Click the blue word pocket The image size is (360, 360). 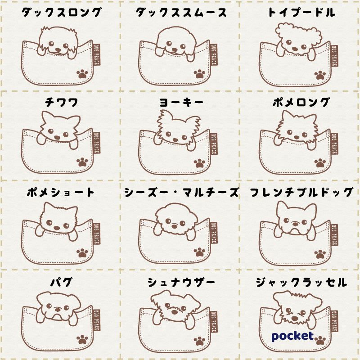click(292, 337)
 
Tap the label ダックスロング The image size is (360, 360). click(61, 13)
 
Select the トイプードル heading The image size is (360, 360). click(301, 13)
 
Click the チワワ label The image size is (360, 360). click(61, 102)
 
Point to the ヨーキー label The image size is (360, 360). click(181, 102)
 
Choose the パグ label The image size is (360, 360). click(61, 282)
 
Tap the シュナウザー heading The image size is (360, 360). click(181, 282)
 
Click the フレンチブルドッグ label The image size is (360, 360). click(301, 192)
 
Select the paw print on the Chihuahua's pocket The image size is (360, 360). click(82, 162)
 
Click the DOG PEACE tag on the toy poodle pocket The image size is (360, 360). click(334, 56)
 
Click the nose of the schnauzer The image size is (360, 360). click(175, 312)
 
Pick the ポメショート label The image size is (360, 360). click(61, 192)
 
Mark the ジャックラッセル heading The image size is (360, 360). click(301, 282)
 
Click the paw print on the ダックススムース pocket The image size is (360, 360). click(200, 74)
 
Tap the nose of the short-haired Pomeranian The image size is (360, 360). click(57, 228)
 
